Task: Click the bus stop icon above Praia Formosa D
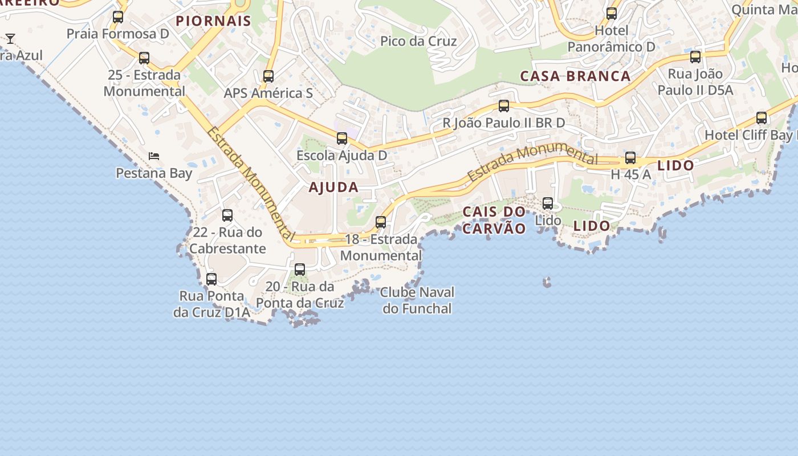[118, 17]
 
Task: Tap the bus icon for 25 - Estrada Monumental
[144, 58]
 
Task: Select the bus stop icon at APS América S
[268, 76]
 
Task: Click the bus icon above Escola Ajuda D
[342, 139]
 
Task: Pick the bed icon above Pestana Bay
[154, 156]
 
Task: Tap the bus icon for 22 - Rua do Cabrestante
[227, 215]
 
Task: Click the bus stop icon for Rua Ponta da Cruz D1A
[211, 279]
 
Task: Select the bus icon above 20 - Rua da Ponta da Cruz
[300, 270]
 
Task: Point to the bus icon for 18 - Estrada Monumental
[381, 222]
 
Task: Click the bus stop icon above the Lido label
[548, 203]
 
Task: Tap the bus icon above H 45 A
[630, 158]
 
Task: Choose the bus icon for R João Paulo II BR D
[504, 106]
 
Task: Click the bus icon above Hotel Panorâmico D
[612, 14]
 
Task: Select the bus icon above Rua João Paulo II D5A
[695, 57]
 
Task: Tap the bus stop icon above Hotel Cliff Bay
[762, 118]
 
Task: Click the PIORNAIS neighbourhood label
[213, 21]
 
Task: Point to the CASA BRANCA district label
[575, 76]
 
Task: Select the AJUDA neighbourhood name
[333, 187]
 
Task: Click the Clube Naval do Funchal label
[417, 300]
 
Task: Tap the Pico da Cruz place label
[418, 41]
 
